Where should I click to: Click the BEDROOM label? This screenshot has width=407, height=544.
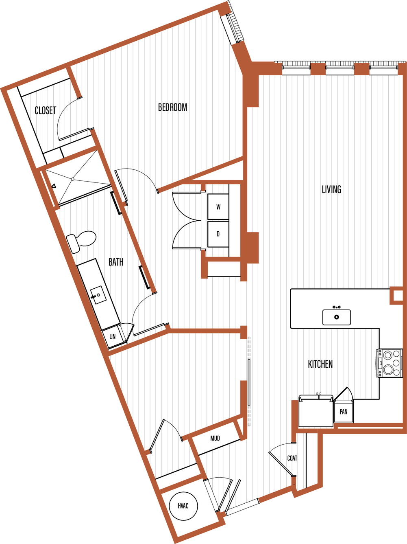(x=172, y=107)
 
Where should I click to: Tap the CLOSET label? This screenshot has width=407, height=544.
(x=45, y=110)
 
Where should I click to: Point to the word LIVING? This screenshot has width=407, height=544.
(x=331, y=189)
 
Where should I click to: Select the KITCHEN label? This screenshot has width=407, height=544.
(x=320, y=364)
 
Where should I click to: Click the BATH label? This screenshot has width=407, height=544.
(x=116, y=262)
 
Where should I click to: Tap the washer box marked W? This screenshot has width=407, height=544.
(x=218, y=207)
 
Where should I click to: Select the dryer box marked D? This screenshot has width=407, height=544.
(x=218, y=234)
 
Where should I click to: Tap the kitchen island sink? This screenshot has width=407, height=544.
(x=337, y=317)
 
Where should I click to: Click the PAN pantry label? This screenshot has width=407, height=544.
(x=344, y=412)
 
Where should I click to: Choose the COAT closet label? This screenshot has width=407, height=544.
(x=292, y=458)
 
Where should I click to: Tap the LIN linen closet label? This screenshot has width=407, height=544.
(x=113, y=337)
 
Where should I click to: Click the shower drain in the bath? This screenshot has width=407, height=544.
(x=72, y=179)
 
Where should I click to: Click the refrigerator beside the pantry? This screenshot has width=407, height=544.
(x=316, y=411)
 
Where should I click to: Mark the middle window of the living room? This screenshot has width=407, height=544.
(x=340, y=70)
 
